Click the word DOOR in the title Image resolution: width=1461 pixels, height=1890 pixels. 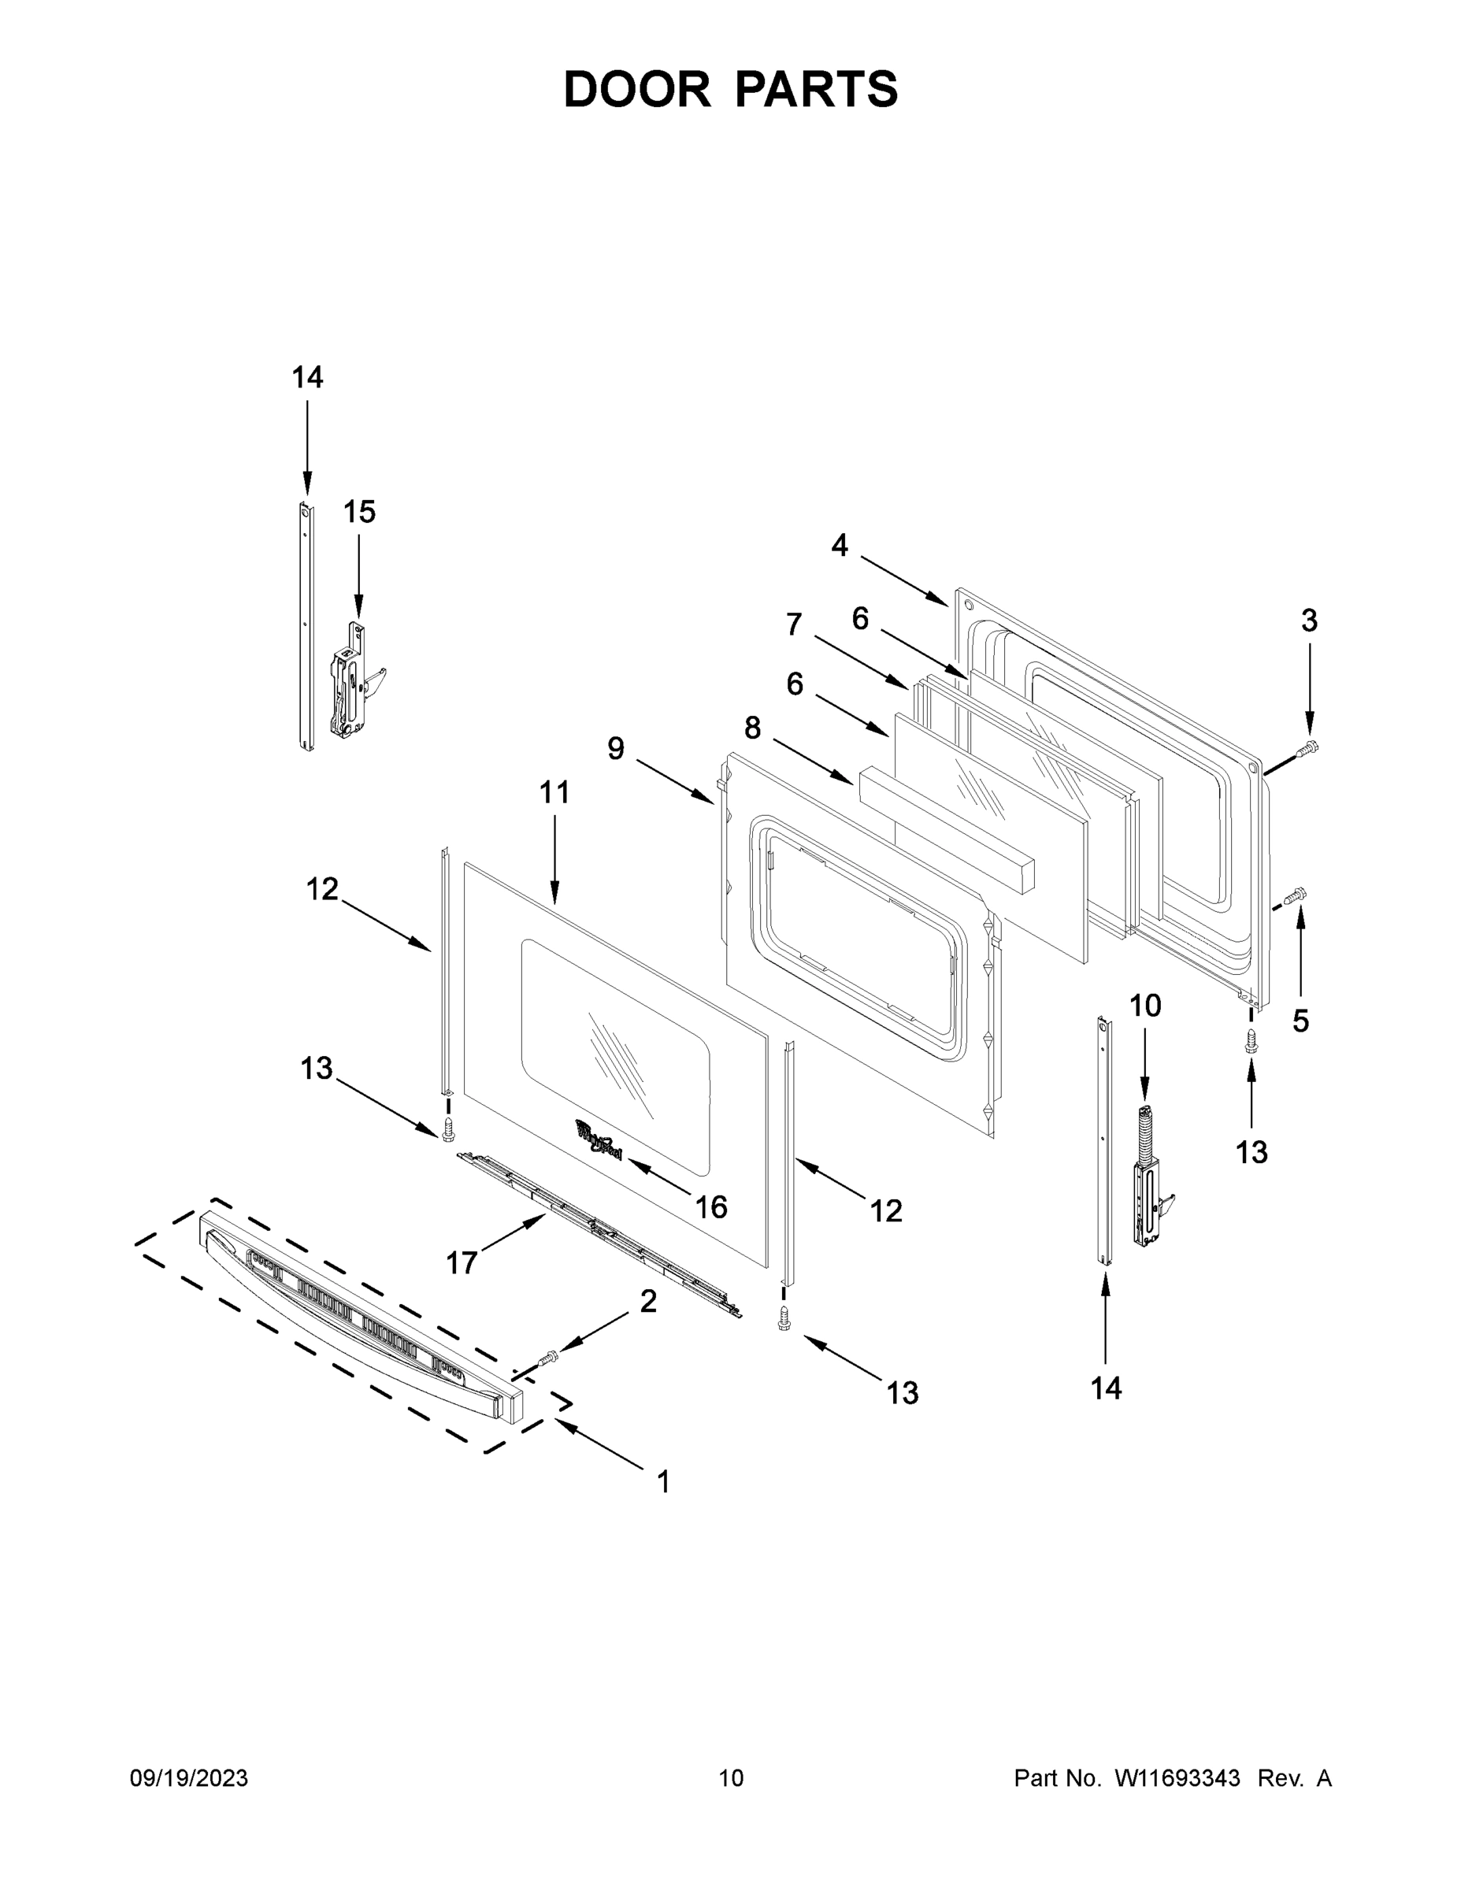(636, 89)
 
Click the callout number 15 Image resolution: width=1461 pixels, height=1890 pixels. (359, 513)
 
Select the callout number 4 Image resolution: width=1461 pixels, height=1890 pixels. (840, 545)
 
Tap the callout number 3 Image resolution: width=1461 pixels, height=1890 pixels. (1309, 621)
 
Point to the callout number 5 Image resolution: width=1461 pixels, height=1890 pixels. (1300, 1021)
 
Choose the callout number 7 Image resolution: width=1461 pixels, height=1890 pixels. (794, 624)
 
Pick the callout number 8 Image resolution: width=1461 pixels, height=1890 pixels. (752, 728)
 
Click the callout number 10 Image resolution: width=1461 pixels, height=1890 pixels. (1145, 1006)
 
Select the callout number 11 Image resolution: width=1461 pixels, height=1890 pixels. (554, 791)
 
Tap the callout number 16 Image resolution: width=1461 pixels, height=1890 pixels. (711, 1207)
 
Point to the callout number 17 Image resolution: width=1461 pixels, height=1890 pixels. (462, 1262)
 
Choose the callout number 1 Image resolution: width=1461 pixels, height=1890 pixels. (663, 1482)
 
